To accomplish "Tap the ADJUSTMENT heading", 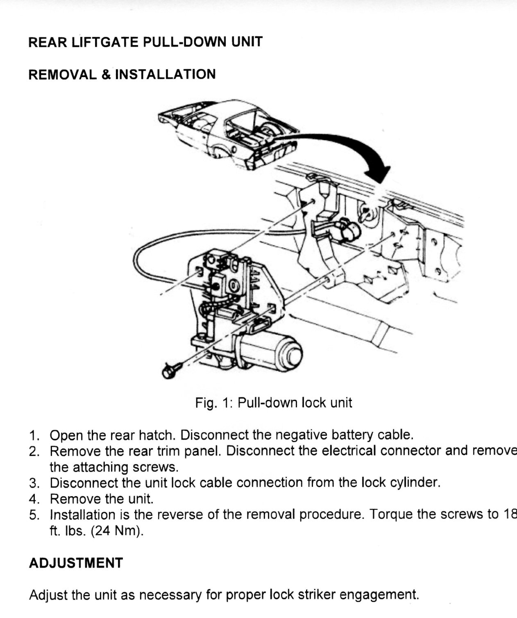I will [76, 563].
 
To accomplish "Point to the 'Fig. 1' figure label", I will [214, 403].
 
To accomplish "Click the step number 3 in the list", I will [34, 483].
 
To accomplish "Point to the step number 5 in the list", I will [34, 515].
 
